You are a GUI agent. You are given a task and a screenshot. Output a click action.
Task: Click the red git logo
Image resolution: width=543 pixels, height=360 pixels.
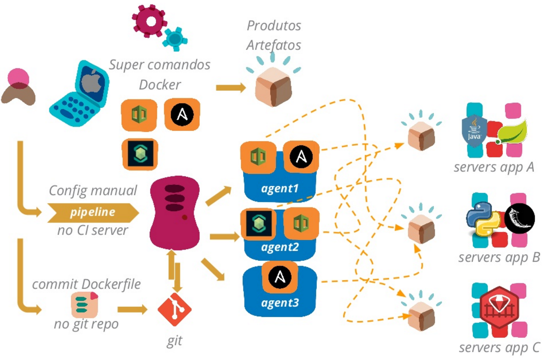175,310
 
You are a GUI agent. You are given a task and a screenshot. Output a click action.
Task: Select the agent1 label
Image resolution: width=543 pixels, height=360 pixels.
280,189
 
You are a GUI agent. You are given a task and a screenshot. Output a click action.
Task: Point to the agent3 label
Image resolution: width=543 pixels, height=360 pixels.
280,304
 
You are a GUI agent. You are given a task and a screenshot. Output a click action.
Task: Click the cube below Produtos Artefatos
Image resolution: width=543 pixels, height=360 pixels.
273,86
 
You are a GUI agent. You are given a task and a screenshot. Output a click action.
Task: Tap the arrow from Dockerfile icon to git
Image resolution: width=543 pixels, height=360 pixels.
131,309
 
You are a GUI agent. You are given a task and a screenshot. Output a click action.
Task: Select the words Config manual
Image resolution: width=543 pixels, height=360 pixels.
93,190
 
